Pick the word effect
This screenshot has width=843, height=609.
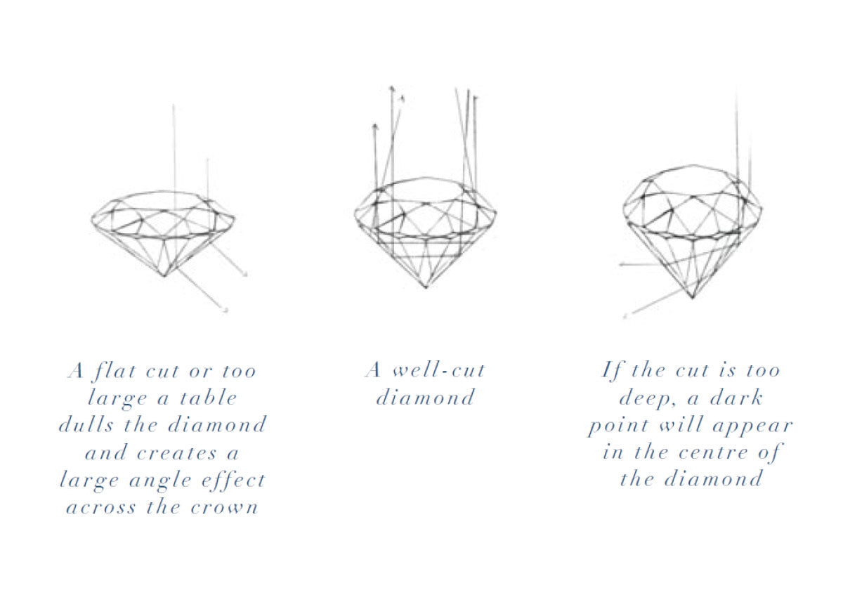coord(236,480)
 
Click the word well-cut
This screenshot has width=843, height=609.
coord(438,370)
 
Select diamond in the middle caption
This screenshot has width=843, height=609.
coord(425,398)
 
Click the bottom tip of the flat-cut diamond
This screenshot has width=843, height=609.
coord(164,276)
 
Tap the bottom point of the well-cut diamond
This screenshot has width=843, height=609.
coord(426,287)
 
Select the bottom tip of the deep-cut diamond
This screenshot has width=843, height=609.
coord(692,299)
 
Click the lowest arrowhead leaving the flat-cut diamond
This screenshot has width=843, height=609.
coord(226,310)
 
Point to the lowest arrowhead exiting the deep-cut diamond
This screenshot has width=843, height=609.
coord(625,316)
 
